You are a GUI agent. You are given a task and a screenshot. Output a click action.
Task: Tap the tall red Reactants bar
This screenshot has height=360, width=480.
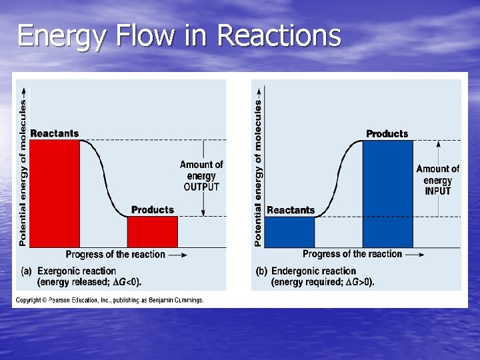click(55, 193)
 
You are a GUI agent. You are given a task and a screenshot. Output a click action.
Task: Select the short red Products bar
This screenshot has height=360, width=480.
click(153, 232)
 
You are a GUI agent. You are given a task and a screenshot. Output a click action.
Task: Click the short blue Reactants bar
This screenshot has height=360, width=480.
click(290, 232)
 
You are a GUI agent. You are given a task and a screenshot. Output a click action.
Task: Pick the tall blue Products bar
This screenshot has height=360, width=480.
click(387, 193)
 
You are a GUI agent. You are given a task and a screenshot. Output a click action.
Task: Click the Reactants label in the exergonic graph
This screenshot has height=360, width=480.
click(55, 133)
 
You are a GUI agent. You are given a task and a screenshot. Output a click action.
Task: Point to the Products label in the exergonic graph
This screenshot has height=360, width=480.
click(153, 210)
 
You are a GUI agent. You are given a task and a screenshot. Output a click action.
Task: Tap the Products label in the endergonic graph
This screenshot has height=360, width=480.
click(387, 134)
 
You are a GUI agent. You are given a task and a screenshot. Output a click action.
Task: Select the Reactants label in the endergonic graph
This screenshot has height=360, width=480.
click(291, 210)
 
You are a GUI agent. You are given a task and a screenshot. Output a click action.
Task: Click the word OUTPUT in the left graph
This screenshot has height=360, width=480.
click(201, 187)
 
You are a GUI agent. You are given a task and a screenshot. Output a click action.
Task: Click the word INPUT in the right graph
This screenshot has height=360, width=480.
click(437, 191)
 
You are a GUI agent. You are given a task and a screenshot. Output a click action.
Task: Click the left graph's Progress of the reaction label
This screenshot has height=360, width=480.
click(115, 254)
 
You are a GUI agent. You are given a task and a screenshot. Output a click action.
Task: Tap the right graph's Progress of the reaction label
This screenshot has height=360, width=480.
click(352, 254)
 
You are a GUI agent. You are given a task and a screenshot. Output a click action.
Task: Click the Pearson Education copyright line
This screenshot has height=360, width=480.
click(110, 301)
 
